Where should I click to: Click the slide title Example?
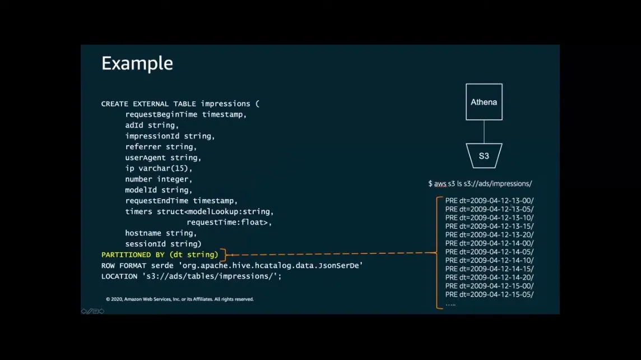137,63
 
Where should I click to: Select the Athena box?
484,102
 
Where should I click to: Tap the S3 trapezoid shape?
484,155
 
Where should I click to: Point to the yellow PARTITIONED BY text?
160,255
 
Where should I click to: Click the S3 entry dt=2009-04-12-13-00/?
489,200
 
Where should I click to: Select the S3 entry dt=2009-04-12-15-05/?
489,294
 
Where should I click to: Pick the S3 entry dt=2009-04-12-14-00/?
489,243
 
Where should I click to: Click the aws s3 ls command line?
480,183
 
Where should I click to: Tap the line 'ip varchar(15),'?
159,168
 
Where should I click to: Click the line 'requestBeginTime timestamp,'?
185,114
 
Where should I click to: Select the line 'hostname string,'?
161,233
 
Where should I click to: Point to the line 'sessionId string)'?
163,244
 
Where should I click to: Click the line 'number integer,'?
159,179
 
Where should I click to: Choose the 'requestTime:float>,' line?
229,222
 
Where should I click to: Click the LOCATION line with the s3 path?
191,276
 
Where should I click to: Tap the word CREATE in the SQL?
114,104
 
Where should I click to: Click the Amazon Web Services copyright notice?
179,299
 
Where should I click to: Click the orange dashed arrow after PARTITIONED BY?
331,254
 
